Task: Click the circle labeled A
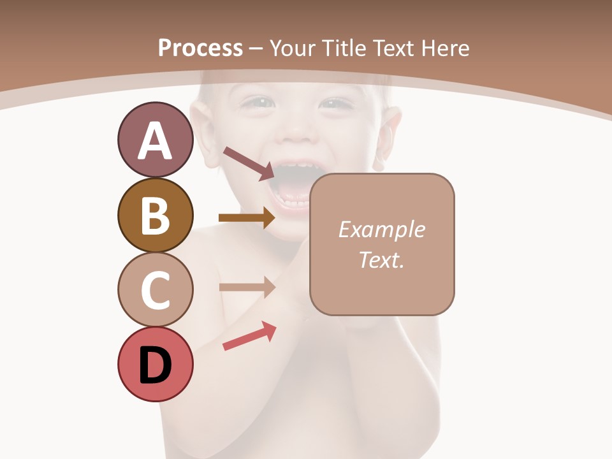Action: [x=155, y=140]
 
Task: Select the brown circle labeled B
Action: [x=155, y=215]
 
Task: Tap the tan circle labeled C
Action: [x=155, y=290]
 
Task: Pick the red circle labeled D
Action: [x=155, y=365]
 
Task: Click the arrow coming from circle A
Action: [x=248, y=163]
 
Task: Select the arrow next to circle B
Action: [x=246, y=218]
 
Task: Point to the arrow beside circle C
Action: [x=246, y=287]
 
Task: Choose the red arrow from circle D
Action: [x=249, y=336]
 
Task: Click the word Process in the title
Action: [x=200, y=48]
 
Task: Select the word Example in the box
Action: [x=381, y=229]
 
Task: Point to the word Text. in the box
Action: [x=381, y=260]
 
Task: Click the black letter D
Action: [x=155, y=366]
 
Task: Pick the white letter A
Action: [x=155, y=141]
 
